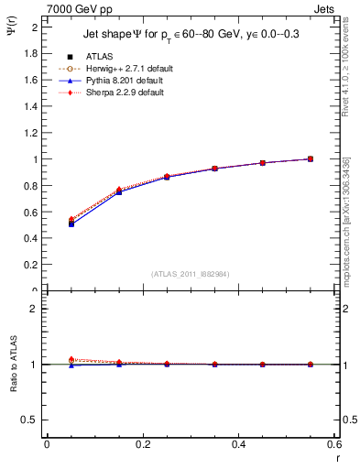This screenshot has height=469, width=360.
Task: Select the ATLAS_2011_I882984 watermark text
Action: pos(191,273)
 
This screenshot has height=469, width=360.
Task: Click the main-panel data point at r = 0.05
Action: pos(71,223)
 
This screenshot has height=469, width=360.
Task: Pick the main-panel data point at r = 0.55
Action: pos(311,158)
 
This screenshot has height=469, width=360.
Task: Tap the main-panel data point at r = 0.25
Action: pos(167,177)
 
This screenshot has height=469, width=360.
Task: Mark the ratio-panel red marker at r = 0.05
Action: pos(71,359)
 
